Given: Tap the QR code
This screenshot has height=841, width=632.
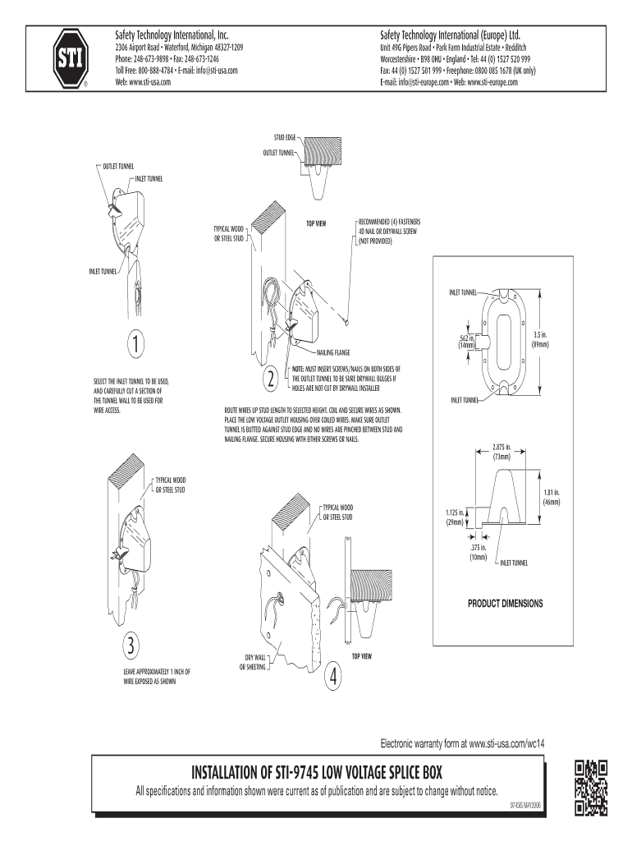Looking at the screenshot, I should [591, 788].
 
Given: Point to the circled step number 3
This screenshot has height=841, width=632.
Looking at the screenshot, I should [129, 645].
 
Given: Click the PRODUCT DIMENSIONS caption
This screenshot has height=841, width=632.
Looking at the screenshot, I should [506, 603].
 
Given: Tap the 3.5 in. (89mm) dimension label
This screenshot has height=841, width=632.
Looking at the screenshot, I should [539, 338].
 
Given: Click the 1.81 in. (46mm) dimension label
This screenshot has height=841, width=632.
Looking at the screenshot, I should [550, 496].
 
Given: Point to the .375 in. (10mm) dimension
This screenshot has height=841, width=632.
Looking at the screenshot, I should [479, 552].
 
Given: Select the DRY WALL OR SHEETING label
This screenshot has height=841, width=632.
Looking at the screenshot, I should [255, 662].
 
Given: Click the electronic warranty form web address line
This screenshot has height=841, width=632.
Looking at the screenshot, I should [462, 742].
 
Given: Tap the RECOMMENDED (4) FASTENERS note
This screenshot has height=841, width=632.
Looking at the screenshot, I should [387, 232].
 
